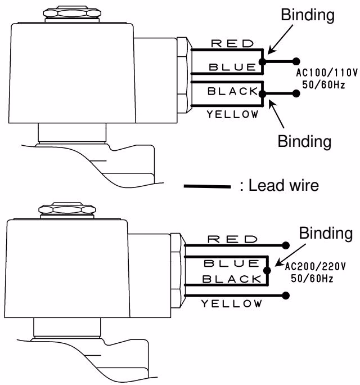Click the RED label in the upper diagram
coord(232,44)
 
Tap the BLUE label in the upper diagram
coord(232,67)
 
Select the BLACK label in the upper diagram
coord(232,91)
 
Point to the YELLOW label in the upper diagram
coord(232,114)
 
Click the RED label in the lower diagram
coord(232,239)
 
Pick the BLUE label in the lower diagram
coord(232,263)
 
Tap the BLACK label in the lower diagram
coord(232,279)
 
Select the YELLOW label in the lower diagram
coord(232,304)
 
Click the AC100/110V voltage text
coord(327,73)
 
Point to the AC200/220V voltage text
coord(315,266)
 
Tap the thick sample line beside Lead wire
coord(208,187)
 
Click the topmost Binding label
coord(308,15)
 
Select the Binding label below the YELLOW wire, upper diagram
coord(304,142)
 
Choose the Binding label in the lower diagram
coord(326,233)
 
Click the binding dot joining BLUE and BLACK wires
coord(267,271)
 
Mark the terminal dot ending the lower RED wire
coord(286,245)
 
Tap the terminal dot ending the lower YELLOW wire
coord(286,296)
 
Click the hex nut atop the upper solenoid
coord(72,14)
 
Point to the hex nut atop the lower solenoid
coord(67,209)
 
